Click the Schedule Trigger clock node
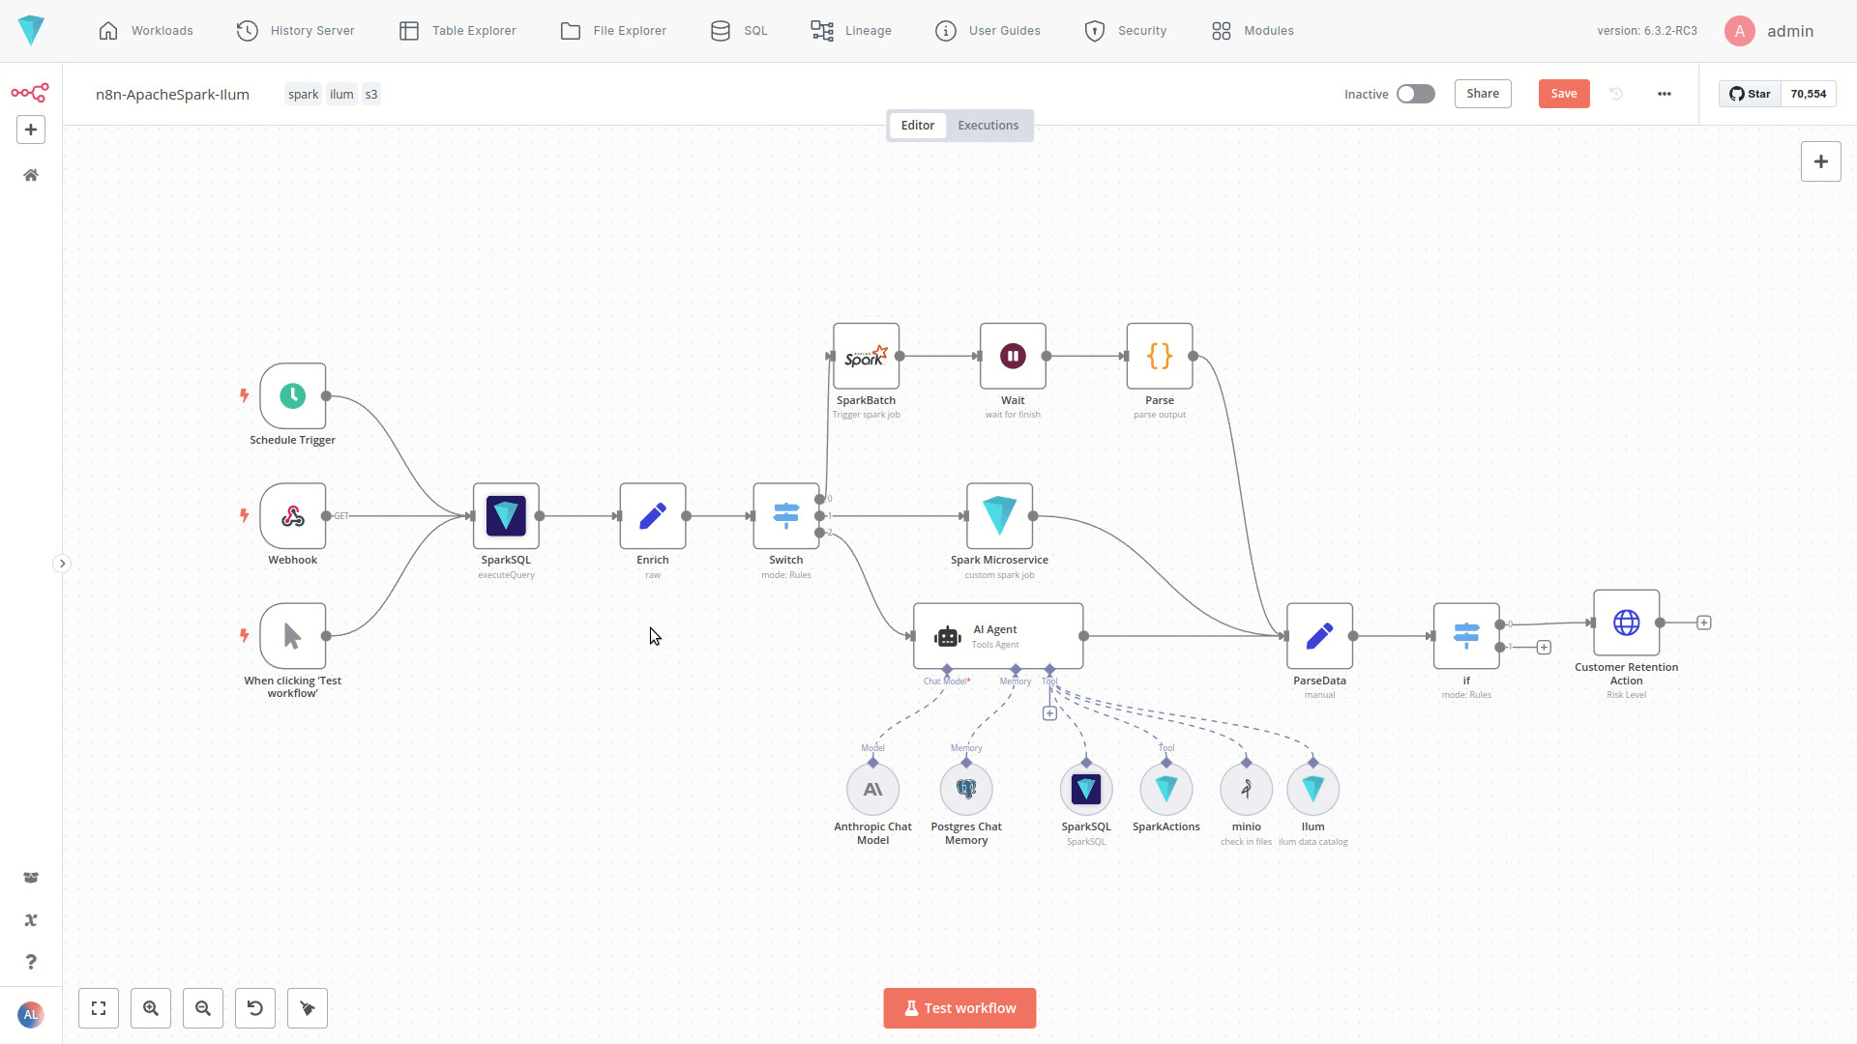292,396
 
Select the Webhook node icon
292,516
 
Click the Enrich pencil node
653,516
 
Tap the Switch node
785,516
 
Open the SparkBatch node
866,357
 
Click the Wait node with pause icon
1013,357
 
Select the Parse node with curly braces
1160,357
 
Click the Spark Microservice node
999,516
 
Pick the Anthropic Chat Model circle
872,790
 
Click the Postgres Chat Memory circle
966,790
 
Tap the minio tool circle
1246,790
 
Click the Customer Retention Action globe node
1626,623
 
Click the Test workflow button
959,1008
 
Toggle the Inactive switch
1415,94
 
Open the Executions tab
987,126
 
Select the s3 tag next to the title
371,95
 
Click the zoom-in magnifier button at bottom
151,1008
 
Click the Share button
1482,94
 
